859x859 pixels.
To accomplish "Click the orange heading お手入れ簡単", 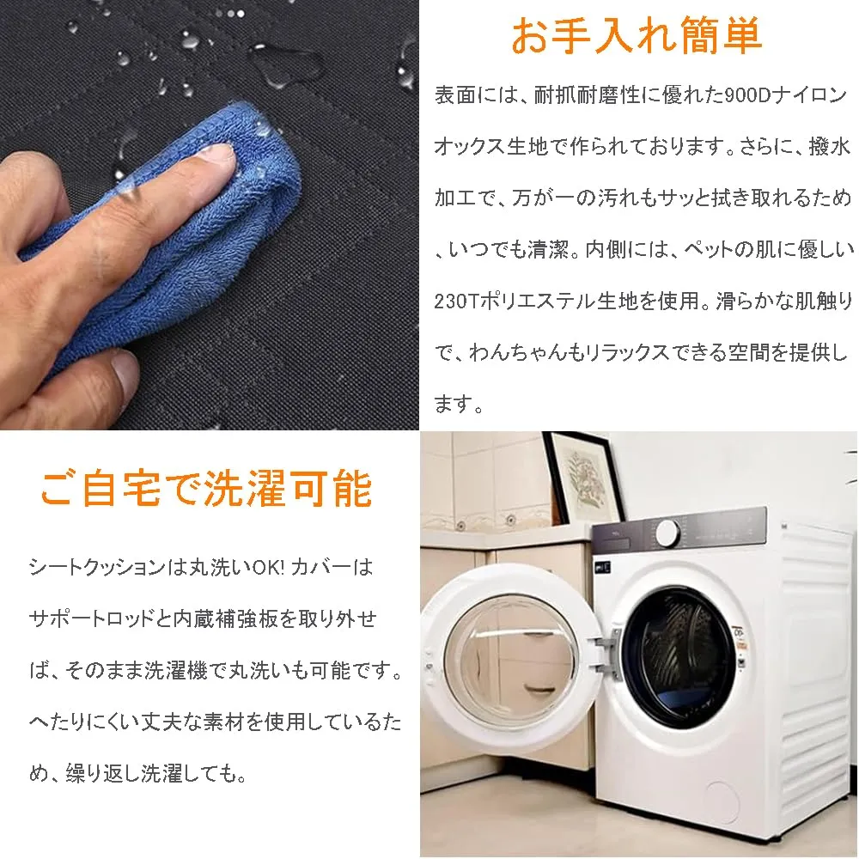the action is click(636, 35).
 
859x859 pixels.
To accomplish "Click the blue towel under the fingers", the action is click(180, 230).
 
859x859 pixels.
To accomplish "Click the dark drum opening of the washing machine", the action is click(679, 657).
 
